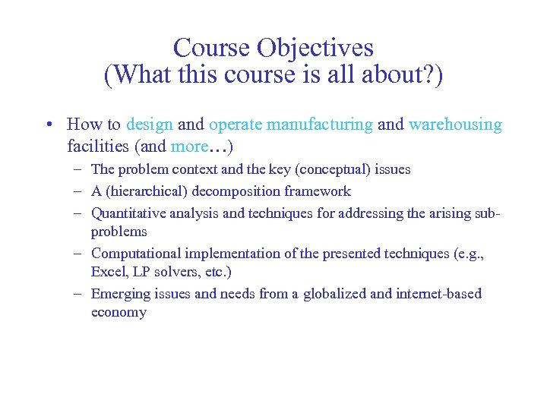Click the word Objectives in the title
315,49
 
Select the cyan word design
150,125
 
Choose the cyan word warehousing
455,125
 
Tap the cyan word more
189,145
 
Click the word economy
119,312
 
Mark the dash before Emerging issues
79,294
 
